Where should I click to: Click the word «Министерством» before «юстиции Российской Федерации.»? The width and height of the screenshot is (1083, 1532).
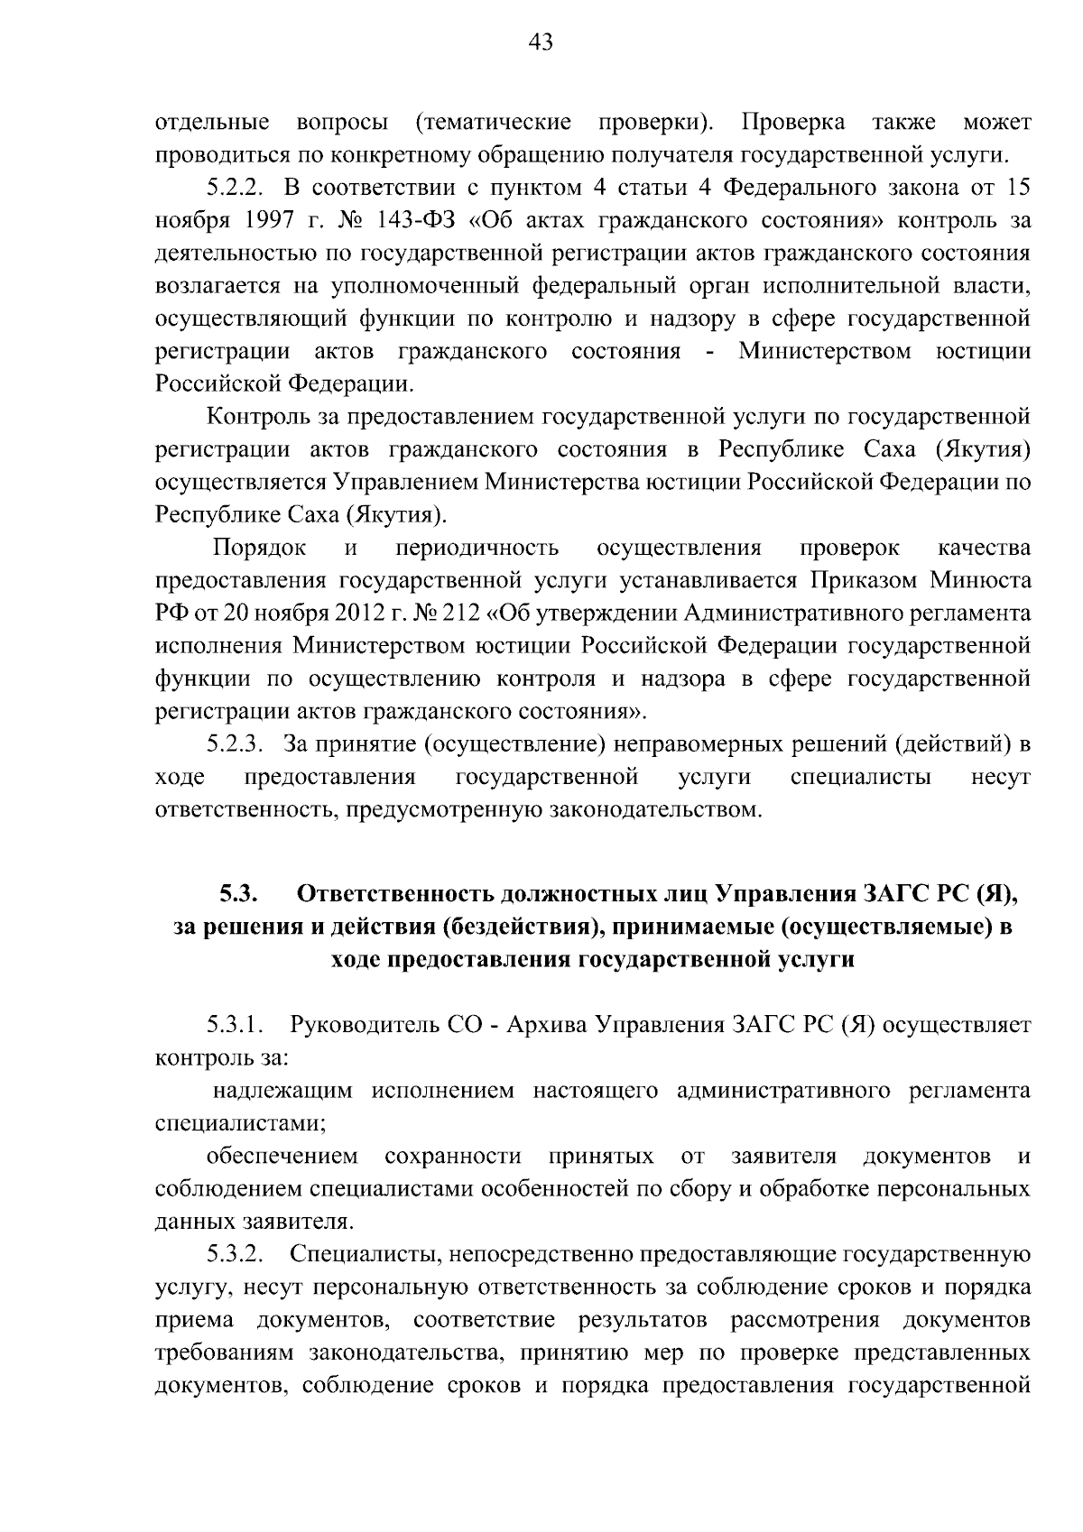coord(825,351)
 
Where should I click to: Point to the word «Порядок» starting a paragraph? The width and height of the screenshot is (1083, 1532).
coord(259,548)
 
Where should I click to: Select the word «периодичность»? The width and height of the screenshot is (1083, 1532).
coord(477,548)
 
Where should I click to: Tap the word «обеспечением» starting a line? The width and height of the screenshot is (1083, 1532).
coord(282,1157)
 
